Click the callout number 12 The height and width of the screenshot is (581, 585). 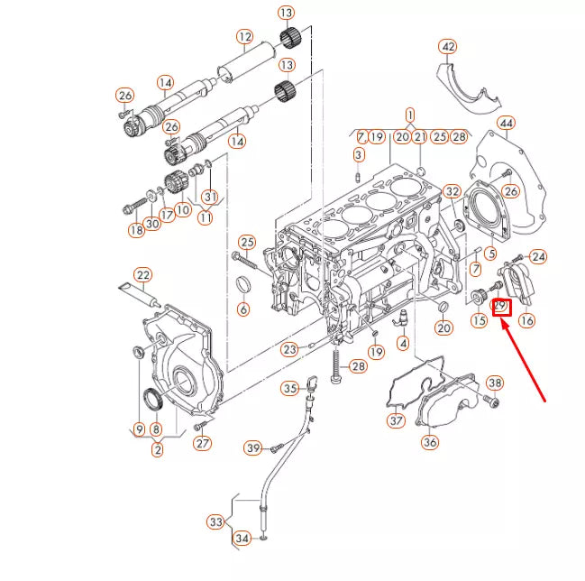[x=244, y=37]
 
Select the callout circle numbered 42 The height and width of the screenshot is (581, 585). [x=448, y=47]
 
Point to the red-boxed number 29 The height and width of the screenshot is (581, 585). [x=501, y=307]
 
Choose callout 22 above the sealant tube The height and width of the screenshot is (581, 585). [x=143, y=274]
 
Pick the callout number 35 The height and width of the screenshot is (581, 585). [x=288, y=389]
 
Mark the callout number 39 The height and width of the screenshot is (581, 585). [x=253, y=448]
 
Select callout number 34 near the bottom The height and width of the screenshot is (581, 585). [x=242, y=539]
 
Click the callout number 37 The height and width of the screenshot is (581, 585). [x=397, y=420]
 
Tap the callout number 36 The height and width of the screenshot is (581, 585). [x=430, y=442]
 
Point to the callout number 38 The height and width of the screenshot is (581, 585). [x=493, y=383]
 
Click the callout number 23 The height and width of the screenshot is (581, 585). [x=288, y=349]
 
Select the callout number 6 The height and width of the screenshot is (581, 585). [x=242, y=309]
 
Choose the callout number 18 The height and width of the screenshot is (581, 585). [x=135, y=231]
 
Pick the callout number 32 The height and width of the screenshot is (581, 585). [x=452, y=191]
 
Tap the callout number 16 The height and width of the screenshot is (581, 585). [x=526, y=319]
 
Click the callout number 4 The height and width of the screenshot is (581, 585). [x=402, y=342]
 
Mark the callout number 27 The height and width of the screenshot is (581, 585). [x=203, y=443]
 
